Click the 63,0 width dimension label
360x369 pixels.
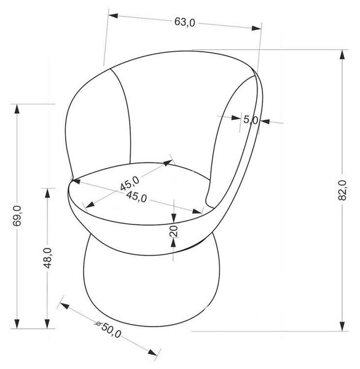click(x=184, y=22)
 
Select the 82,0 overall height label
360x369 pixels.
click(x=342, y=190)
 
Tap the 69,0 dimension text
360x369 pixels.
click(x=17, y=216)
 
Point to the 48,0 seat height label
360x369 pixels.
click(x=48, y=258)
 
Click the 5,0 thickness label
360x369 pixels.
click(x=251, y=120)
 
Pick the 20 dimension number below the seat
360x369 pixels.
click(x=174, y=231)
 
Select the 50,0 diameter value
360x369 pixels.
click(x=111, y=330)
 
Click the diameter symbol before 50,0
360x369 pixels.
click(x=98, y=323)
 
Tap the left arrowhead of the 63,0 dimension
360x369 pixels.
click(x=113, y=16)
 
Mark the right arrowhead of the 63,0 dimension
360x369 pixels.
click(x=256, y=28)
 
